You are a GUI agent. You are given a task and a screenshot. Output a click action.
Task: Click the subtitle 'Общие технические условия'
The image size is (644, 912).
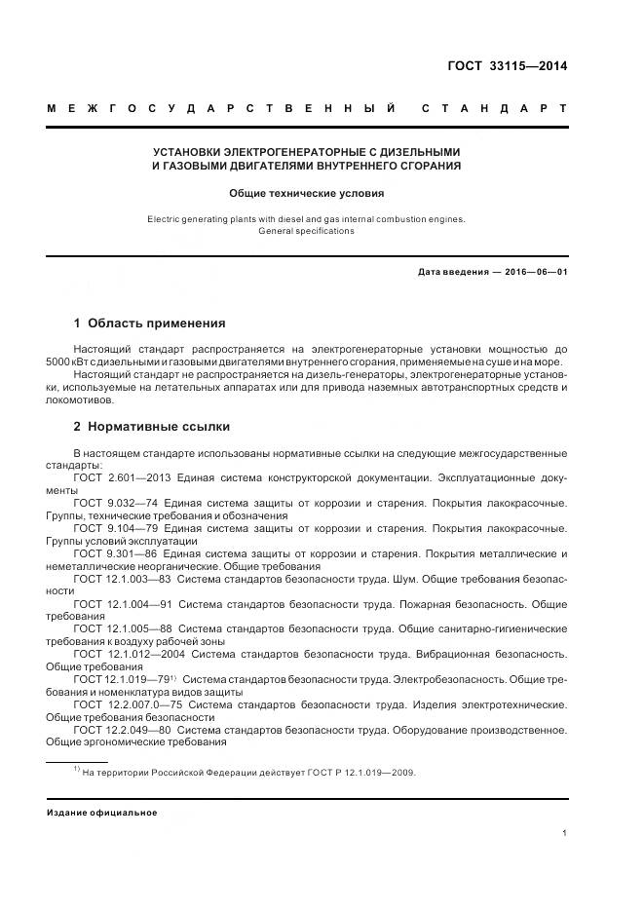[307, 193]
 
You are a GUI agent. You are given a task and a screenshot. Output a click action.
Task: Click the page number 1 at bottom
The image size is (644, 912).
[565, 832]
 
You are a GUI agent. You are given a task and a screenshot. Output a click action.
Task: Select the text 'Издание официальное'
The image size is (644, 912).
[102, 812]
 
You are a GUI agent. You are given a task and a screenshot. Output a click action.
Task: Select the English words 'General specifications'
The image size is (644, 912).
[307, 231]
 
